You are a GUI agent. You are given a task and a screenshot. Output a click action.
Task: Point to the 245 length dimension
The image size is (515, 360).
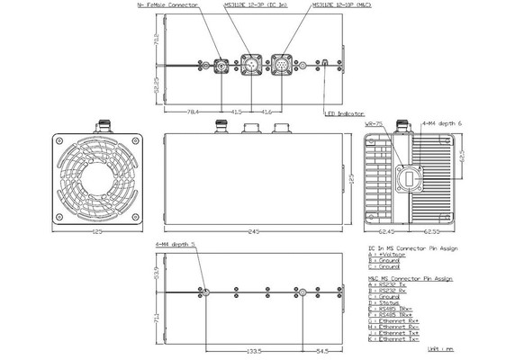pos(254,231)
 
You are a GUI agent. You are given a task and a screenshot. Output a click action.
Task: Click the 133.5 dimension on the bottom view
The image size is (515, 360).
pos(255,351)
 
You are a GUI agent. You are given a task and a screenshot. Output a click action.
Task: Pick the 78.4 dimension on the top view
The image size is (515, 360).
pos(193,111)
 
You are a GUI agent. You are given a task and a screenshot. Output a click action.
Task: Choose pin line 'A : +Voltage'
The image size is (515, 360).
pos(389,255)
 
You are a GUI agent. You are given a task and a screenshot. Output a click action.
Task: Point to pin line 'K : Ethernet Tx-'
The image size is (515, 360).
pos(397,341)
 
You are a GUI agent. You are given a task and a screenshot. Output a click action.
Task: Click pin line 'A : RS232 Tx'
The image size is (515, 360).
pos(389,286)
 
